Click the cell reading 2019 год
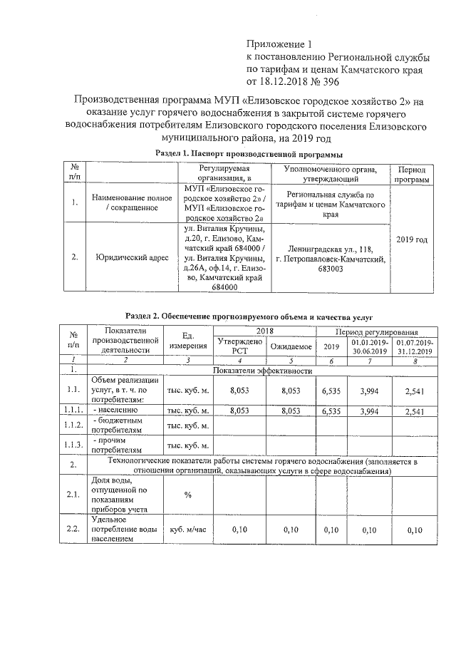tap(411, 239)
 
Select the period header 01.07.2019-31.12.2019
tap(415, 346)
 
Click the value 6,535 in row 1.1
tap(331, 391)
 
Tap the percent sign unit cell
tap(187, 495)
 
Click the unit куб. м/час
tap(187, 530)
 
